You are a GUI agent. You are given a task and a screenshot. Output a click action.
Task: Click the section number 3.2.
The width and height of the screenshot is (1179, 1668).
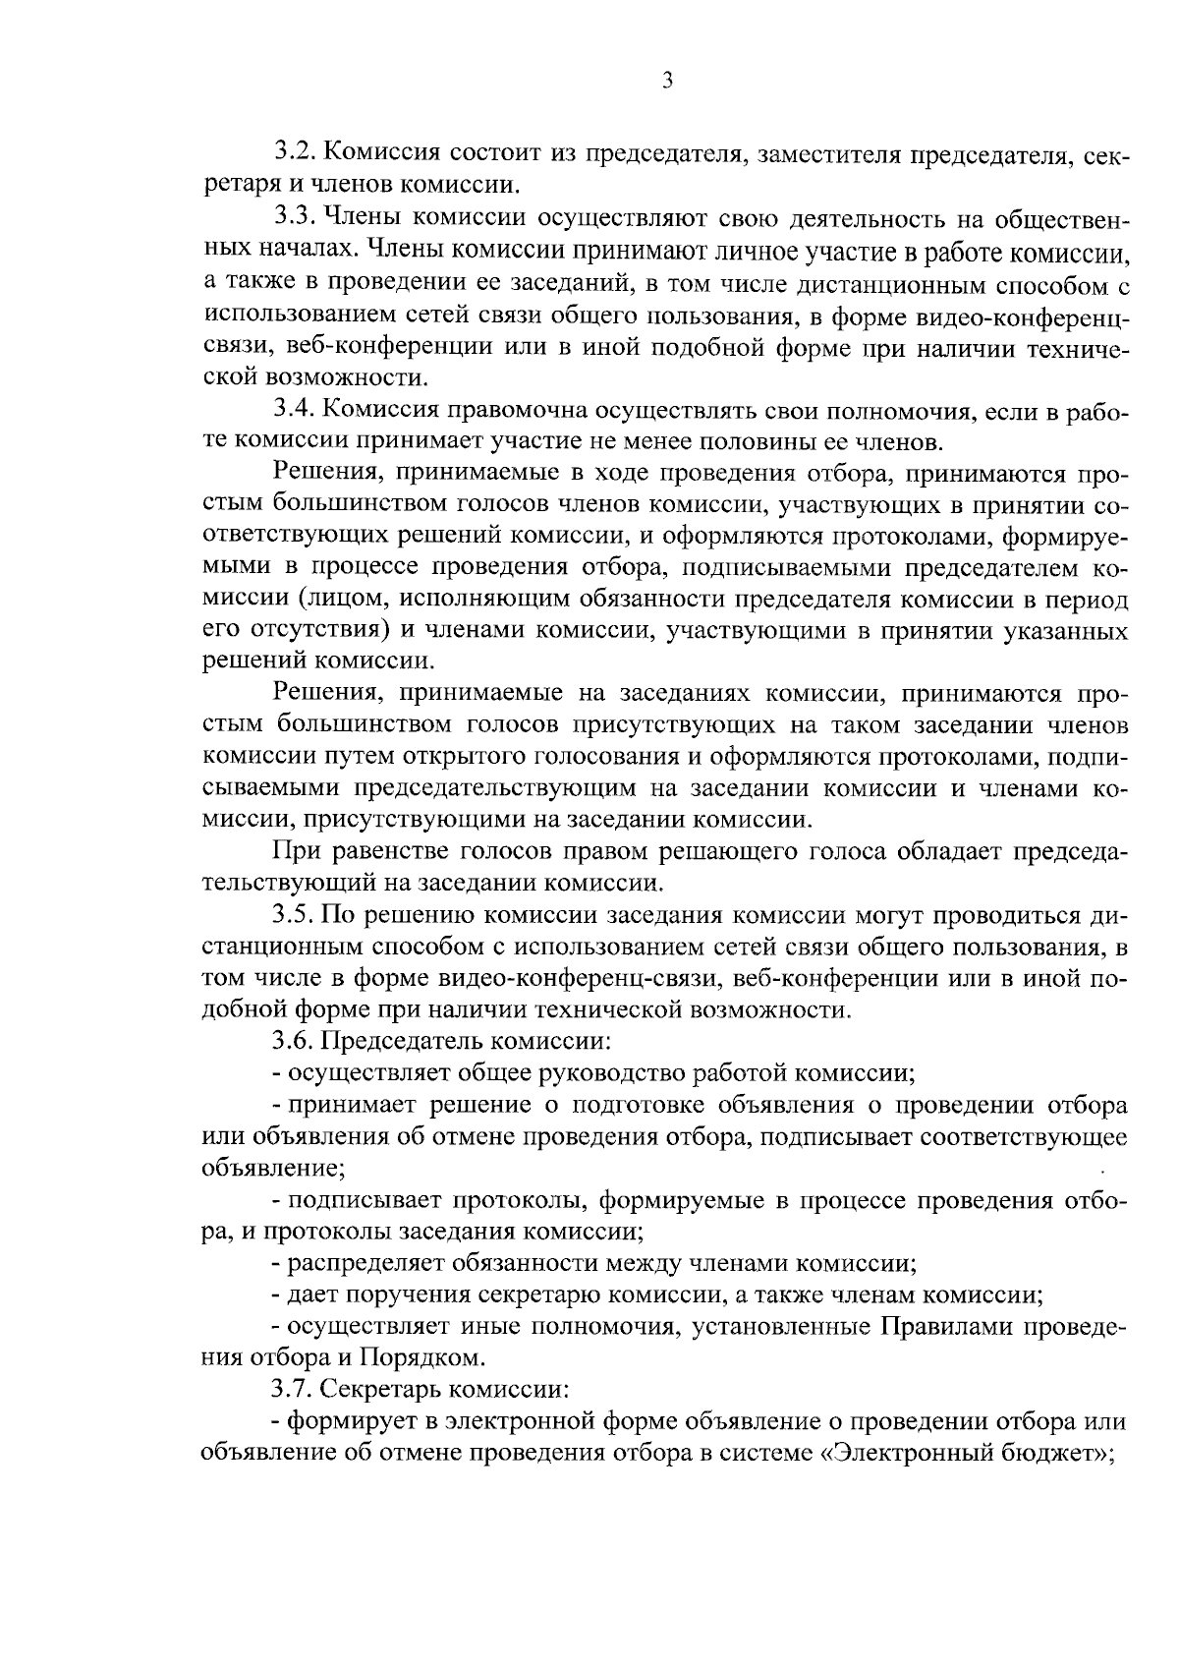[294, 153]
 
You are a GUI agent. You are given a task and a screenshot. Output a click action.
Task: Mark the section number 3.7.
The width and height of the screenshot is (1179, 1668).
[294, 1391]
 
